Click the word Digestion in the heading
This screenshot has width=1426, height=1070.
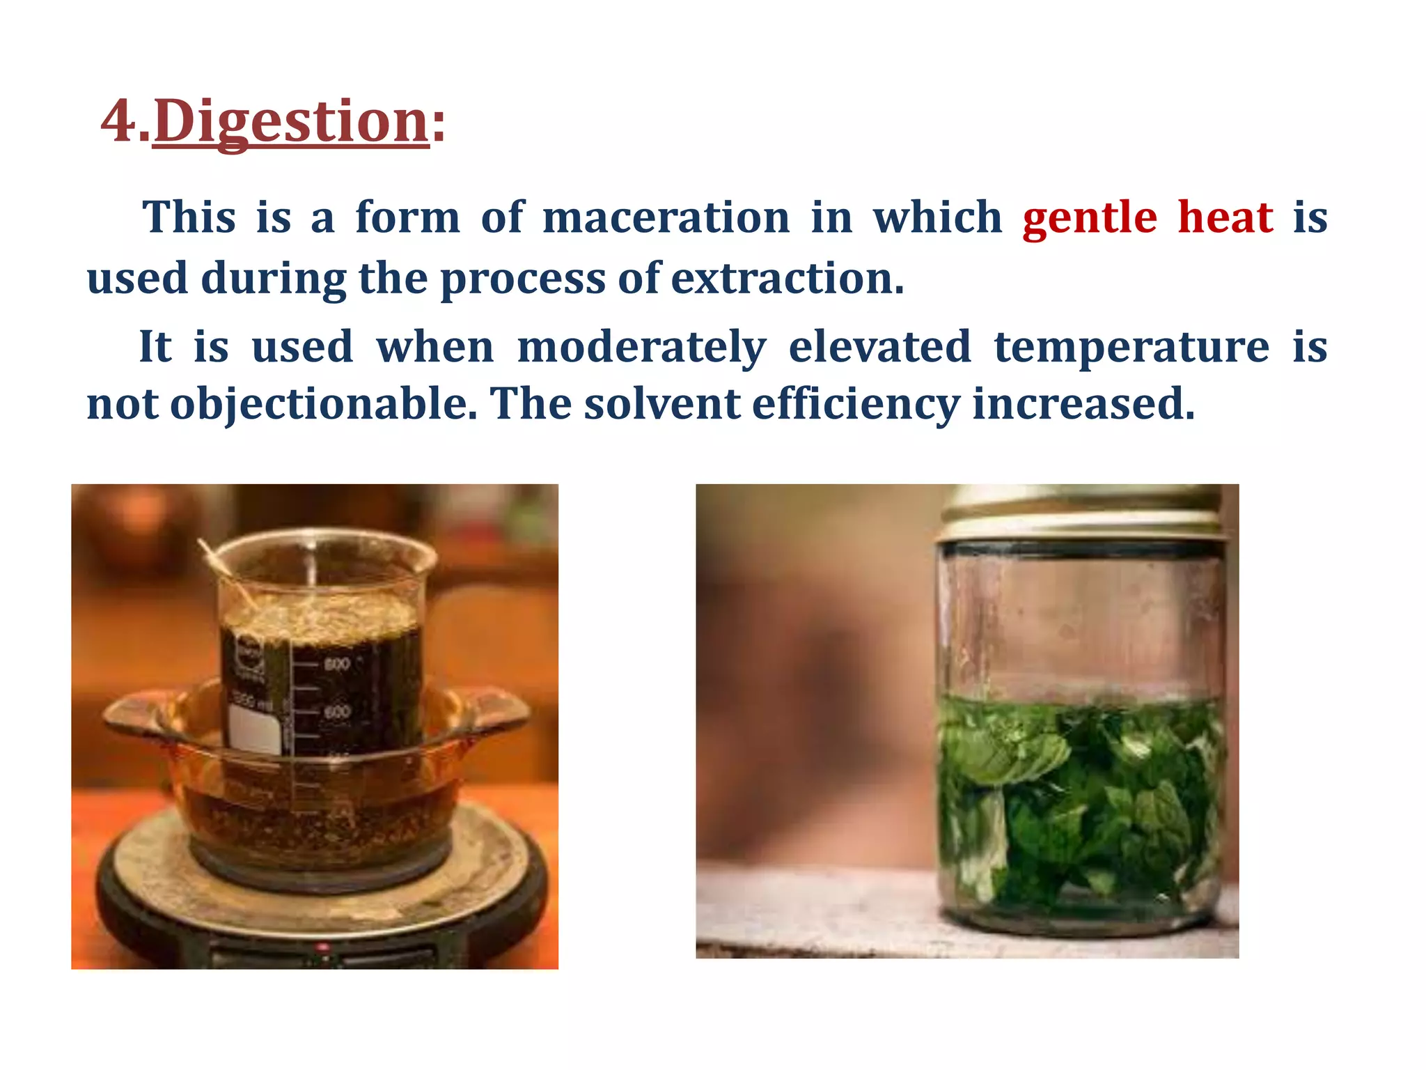[290, 121]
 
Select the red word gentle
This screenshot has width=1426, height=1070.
[1090, 217]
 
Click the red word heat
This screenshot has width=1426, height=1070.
[1225, 217]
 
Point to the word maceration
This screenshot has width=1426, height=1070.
[666, 217]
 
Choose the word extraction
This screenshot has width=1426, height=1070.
[787, 279]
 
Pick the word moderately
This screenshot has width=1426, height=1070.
[641, 347]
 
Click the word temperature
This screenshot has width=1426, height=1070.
[1131, 347]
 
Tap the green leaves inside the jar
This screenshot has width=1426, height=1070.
[1079, 801]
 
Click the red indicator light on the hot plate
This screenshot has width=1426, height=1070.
[322, 948]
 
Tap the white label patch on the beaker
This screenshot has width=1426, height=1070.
[255, 731]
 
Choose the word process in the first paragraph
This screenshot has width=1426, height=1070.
[522, 279]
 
